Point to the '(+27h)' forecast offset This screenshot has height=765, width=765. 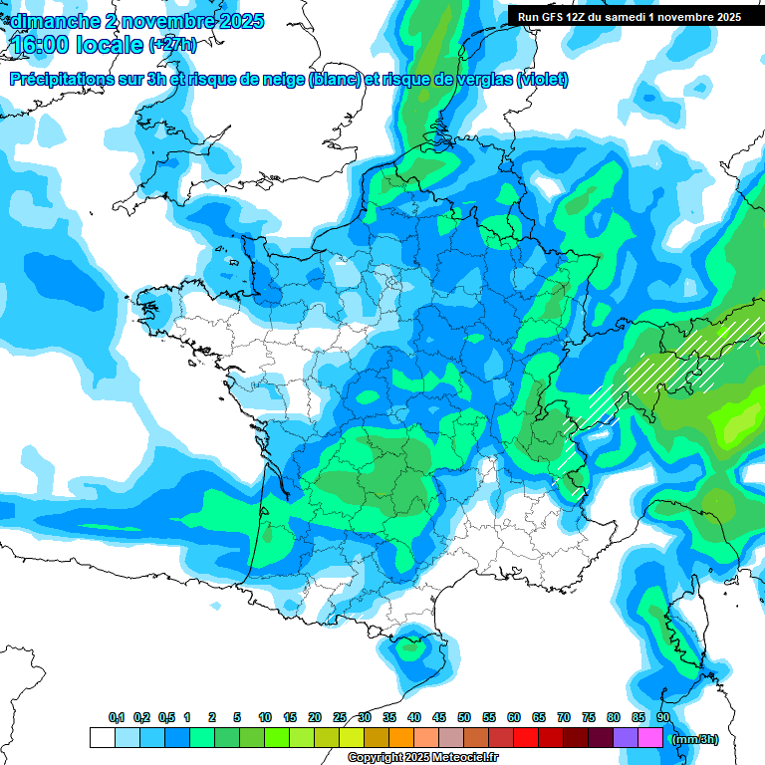click(x=172, y=46)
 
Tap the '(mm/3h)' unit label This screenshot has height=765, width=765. click(x=693, y=739)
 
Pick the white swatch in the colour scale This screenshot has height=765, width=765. click(x=102, y=738)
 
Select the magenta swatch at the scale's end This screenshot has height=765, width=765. click(x=650, y=738)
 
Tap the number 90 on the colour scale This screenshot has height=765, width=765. click(x=662, y=717)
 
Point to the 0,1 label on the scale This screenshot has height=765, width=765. click(x=117, y=717)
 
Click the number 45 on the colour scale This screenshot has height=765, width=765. click(x=439, y=717)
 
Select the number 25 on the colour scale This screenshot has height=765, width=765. click(x=340, y=717)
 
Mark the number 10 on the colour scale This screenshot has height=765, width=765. click(x=265, y=717)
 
